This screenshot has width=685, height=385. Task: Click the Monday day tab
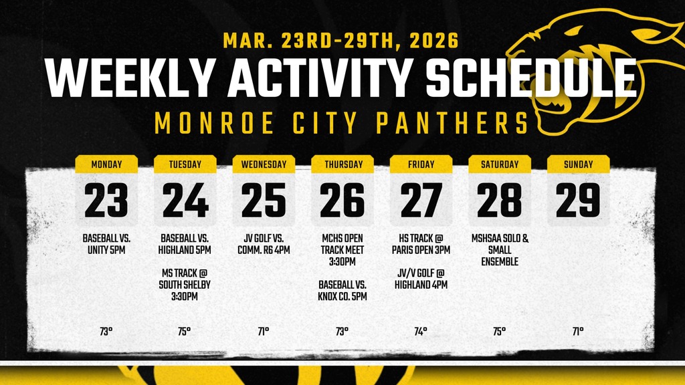(106, 164)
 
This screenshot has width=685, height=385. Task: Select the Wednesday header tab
(264, 164)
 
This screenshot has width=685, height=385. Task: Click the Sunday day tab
(578, 164)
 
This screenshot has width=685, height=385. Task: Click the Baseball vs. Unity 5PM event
(106, 243)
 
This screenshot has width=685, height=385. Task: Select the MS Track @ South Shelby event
(185, 285)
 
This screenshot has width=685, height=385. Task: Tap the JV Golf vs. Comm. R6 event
(264, 243)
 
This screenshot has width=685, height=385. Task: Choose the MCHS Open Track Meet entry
(342, 249)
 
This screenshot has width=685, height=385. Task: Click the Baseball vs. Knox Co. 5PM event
(342, 290)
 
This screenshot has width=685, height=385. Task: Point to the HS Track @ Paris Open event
(421, 243)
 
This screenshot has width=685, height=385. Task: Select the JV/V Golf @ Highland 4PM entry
(421, 279)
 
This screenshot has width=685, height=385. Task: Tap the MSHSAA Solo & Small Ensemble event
(500, 249)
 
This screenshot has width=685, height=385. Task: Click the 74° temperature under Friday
(421, 331)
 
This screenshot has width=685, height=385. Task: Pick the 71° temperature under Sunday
(578, 331)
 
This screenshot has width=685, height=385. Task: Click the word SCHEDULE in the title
(530, 80)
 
